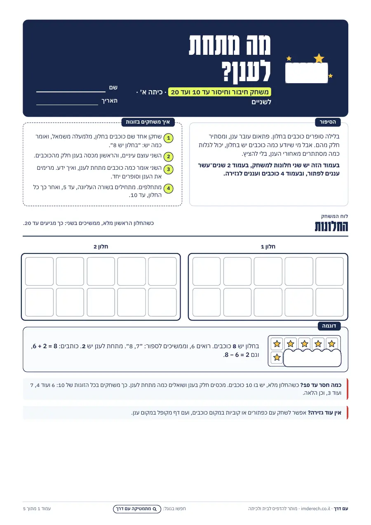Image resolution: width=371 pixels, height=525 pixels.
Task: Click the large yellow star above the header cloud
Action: [x=319, y=58]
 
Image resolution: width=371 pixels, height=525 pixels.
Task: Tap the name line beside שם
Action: [x=71, y=92]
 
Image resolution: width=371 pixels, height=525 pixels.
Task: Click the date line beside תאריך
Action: [x=67, y=105]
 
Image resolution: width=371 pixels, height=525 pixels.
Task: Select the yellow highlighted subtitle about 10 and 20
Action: [x=219, y=92]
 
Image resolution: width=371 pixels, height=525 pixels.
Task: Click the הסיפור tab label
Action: [x=328, y=122]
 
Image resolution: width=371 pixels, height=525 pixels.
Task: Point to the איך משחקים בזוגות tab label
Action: [x=148, y=122]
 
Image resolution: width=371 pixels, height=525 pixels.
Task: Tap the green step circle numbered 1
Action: [x=168, y=138]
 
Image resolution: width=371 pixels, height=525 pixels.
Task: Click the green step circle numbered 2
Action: [x=168, y=157]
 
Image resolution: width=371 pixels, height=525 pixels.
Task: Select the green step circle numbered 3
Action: [x=168, y=169]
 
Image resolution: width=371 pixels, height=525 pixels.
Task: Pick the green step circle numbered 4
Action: [x=168, y=188]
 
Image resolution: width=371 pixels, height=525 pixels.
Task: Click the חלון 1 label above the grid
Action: [x=268, y=246]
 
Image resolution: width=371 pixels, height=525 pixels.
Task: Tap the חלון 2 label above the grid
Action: [x=101, y=246]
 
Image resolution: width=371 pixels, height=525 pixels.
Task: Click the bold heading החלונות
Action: [x=331, y=226]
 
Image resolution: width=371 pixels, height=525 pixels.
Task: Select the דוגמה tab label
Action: [x=329, y=326]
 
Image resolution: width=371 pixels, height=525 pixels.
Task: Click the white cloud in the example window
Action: [x=312, y=358]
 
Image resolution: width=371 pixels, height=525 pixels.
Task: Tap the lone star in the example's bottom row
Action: [x=277, y=357]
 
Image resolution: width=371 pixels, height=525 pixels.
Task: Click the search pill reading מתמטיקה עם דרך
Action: [x=137, y=509]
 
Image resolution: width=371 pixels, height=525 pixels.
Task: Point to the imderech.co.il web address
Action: [x=315, y=509]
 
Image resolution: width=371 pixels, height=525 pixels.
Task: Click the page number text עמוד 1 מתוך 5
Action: [x=37, y=509]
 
